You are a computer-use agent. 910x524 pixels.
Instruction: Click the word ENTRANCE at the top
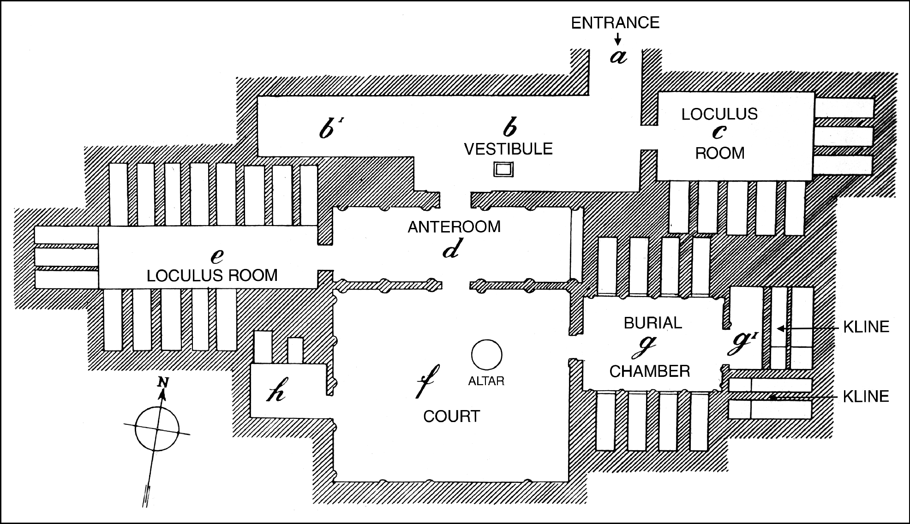615,23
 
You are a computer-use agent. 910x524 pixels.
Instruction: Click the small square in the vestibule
503,169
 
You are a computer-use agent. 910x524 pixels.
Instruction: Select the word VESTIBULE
508,149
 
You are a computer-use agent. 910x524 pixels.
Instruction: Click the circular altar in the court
486,355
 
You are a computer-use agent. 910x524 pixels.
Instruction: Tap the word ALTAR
486,381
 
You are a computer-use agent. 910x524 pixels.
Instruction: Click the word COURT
451,417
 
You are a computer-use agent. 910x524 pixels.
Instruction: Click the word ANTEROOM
454,227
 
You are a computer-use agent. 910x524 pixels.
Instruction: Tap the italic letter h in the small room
275,393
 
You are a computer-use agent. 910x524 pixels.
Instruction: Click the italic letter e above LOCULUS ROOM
216,256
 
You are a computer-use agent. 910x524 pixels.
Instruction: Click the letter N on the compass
162,381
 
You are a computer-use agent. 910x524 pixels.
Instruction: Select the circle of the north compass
157,428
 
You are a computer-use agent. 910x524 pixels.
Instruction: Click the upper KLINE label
866,327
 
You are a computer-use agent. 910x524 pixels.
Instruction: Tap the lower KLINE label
866,397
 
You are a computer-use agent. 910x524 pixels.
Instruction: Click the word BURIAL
653,323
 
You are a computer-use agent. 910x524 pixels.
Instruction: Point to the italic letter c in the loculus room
718,133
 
